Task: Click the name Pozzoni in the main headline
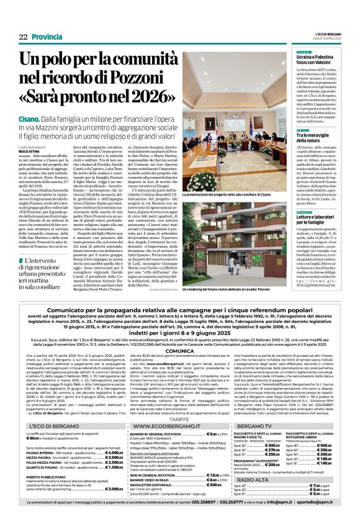(137, 78)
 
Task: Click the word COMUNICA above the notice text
(179, 350)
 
